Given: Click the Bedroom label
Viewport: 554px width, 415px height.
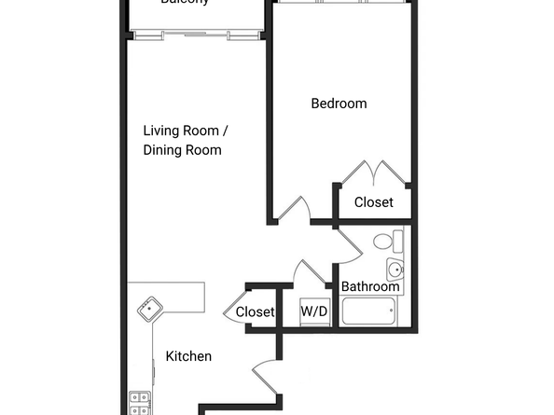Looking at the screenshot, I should [x=339, y=104].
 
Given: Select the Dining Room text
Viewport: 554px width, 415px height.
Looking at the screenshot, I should [x=182, y=149].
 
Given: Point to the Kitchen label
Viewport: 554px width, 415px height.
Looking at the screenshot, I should [x=188, y=356].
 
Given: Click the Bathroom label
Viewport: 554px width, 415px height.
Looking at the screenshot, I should [x=370, y=286].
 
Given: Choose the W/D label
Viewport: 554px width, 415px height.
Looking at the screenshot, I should [x=314, y=311].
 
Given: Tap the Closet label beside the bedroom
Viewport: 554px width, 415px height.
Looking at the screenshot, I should [x=373, y=201].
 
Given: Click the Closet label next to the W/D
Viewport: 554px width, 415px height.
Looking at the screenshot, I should [x=255, y=311].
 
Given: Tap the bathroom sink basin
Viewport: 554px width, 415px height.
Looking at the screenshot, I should [x=395, y=271].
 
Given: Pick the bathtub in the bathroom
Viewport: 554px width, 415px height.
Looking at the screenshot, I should [x=369, y=311].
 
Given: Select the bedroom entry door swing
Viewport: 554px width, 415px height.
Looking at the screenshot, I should [x=297, y=209].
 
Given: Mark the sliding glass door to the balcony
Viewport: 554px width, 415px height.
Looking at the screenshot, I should [x=195, y=36].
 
